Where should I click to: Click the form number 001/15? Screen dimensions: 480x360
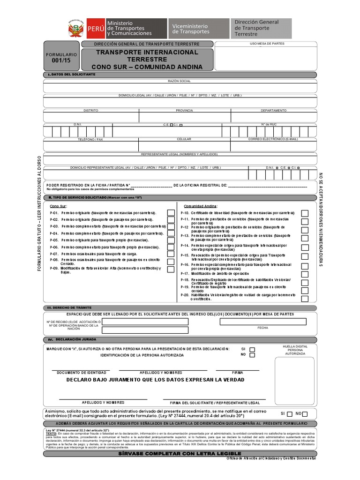[61, 61]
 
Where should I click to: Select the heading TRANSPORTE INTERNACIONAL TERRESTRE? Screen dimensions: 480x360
[147, 56]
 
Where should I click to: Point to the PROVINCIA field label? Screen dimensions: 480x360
[184, 110]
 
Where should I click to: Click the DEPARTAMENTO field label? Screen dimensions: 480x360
[274, 110]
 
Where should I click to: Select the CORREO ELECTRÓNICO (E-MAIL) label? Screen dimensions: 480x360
[273, 139]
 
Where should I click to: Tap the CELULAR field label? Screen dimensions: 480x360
[184, 139]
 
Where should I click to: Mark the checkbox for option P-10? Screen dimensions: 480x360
[305, 213]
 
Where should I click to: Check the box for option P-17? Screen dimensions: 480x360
[305, 274]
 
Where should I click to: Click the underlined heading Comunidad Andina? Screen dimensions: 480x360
[200, 206]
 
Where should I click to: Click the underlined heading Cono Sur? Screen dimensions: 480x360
[59, 206]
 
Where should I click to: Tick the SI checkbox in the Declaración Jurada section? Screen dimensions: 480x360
[252, 349]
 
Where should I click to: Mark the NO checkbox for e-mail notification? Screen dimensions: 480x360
[305, 414]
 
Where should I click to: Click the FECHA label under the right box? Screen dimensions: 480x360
[262, 328]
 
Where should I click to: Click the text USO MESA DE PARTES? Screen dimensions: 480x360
[267, 44]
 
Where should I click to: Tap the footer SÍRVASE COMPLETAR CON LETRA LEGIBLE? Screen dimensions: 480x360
[180, 454]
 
